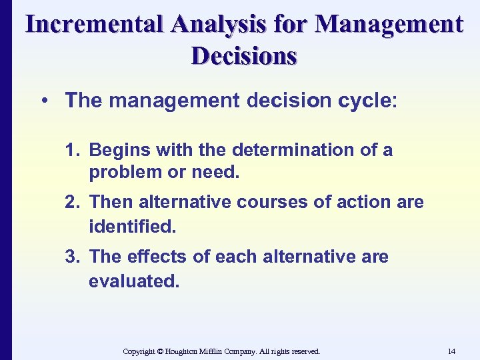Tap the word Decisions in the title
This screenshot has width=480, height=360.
point(243,55)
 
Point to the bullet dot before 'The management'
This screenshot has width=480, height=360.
point(44,101)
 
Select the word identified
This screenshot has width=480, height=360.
point(132,227)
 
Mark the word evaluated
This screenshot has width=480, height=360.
point(134,281)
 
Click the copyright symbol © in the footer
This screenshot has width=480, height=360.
point(160,351)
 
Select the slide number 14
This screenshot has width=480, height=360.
point(451,351)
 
